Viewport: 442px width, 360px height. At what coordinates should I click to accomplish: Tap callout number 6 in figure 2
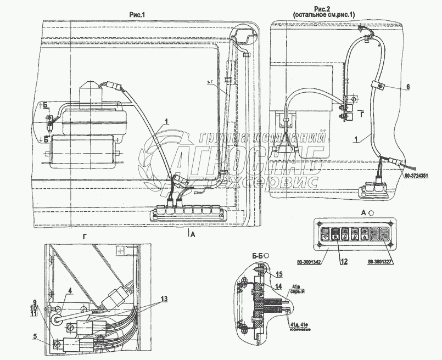[408, 87]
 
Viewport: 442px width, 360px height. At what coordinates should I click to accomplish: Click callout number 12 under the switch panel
[344, 262]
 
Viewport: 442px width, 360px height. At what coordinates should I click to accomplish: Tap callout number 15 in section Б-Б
[279, 274]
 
